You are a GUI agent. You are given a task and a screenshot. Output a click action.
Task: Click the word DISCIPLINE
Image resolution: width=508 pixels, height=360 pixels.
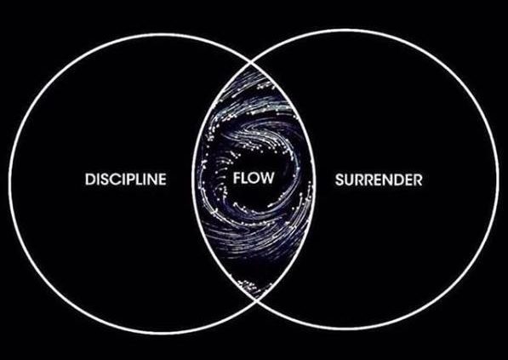point(126,180)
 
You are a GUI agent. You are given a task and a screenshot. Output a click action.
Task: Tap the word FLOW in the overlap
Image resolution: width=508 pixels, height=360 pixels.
point(254,178)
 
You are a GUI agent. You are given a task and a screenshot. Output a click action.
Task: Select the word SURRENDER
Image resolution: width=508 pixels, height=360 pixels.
point(379,180)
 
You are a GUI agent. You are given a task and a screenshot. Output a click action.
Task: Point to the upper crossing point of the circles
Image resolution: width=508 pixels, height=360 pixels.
point(254,62)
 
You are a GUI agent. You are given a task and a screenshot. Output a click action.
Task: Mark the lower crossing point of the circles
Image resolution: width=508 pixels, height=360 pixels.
point(256,300)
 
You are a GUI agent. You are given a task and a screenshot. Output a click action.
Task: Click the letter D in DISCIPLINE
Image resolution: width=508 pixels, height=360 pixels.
point(89,180)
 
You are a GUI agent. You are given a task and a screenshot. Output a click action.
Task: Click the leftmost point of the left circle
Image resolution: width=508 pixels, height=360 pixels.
point(10,183)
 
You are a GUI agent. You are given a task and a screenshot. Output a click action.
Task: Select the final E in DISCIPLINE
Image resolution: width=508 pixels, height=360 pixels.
point(163,180)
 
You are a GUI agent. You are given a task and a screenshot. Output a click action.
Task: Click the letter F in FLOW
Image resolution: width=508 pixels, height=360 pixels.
point(237,178)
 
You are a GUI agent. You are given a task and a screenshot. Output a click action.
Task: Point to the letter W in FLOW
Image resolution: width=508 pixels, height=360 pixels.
point(267,178)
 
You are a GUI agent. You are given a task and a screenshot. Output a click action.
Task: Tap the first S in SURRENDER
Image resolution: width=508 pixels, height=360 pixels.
point(340,180)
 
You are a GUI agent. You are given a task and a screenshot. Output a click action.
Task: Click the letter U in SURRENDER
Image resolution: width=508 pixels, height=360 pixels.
point(349,180)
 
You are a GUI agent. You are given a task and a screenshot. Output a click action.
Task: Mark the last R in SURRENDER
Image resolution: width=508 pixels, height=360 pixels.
point(418,180)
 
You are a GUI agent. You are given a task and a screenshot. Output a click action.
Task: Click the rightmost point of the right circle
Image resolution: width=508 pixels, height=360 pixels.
point(497,180)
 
